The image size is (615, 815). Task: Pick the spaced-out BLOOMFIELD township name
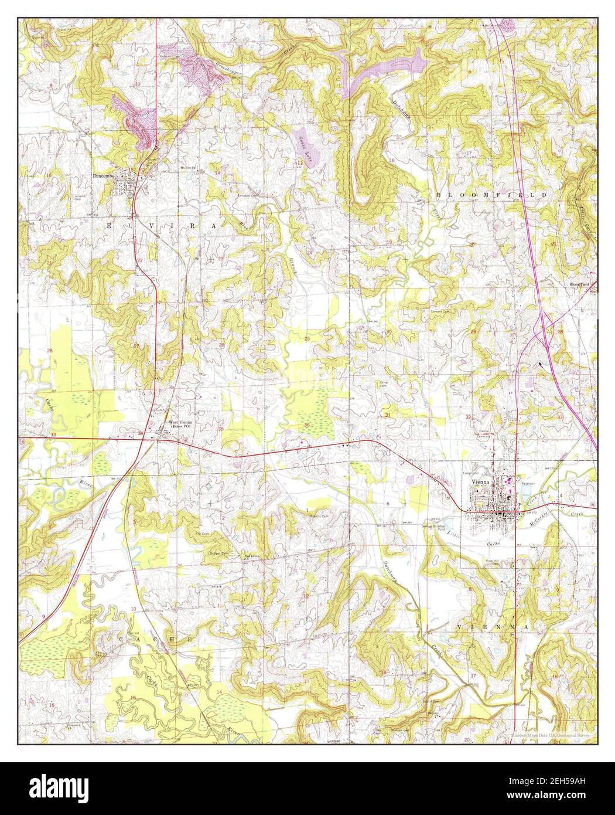click(491, 194)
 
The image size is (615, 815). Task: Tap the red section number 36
click(307, 425)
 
